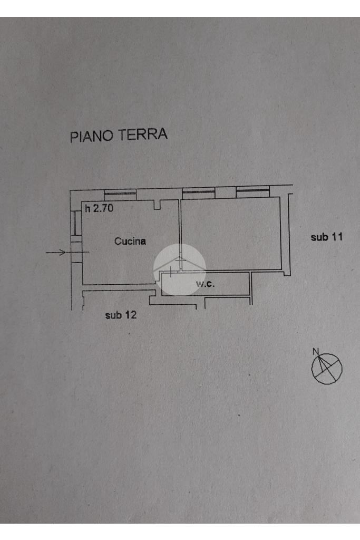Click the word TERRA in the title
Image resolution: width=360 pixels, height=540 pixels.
click(142, 134)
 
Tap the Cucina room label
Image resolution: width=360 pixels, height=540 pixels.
click(130, 242)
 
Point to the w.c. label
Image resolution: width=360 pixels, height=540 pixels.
click(206, 284)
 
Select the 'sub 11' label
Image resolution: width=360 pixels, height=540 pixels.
click(327, 237)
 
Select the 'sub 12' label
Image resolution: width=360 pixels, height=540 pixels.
click(121, 315)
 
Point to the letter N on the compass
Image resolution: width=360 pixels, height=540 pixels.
click(316, 352)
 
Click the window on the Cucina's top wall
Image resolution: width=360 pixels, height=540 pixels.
click(120, 192)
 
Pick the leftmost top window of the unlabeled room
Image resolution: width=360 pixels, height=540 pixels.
click(198, 192)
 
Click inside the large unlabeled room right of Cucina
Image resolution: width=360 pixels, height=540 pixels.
click(230, 232)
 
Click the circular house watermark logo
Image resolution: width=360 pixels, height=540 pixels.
click(180, 269)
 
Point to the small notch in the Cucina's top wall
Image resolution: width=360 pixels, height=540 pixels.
click(157, 205)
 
